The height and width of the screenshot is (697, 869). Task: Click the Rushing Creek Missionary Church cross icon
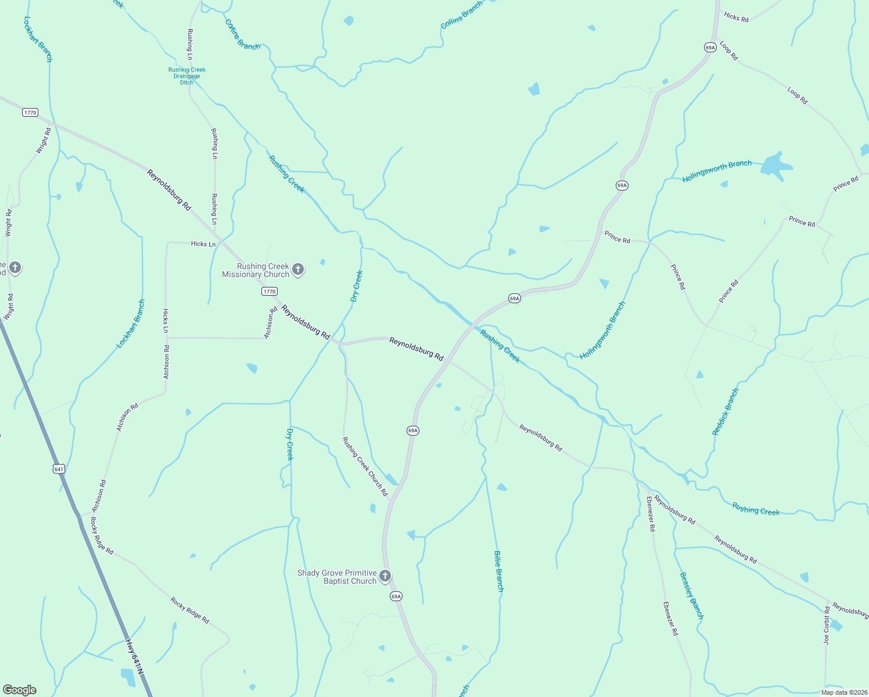point(298,269)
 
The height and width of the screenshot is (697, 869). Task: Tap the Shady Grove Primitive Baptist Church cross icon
point(385,576)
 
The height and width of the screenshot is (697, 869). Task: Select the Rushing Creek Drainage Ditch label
point(187,76)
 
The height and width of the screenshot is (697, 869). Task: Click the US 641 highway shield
point(59,469)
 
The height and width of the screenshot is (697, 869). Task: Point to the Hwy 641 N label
point(134,657)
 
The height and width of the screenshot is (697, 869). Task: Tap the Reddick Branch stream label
point(726,412)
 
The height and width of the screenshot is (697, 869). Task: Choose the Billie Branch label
point(499,571)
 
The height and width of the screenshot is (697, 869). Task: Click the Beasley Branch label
point(691,595)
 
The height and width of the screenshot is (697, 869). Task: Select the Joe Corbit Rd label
point(827,626)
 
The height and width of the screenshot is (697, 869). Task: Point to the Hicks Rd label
point(736,17)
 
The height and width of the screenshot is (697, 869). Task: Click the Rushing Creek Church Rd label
point(365,466)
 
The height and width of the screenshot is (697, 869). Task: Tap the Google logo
point(20,690)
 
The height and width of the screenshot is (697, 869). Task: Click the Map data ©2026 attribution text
point(844,692)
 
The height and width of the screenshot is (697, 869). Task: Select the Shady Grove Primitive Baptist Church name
point(337,577)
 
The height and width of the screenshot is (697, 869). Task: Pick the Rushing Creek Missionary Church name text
point(256,270)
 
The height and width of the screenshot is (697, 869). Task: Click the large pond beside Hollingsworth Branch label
point(775,166)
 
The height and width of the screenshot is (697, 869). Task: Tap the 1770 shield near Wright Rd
point(30,112)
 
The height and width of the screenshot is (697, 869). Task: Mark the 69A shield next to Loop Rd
point(710,47)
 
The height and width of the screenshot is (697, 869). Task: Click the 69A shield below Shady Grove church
point(396,597)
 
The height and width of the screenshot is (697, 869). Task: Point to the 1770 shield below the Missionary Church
point(270,292)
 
